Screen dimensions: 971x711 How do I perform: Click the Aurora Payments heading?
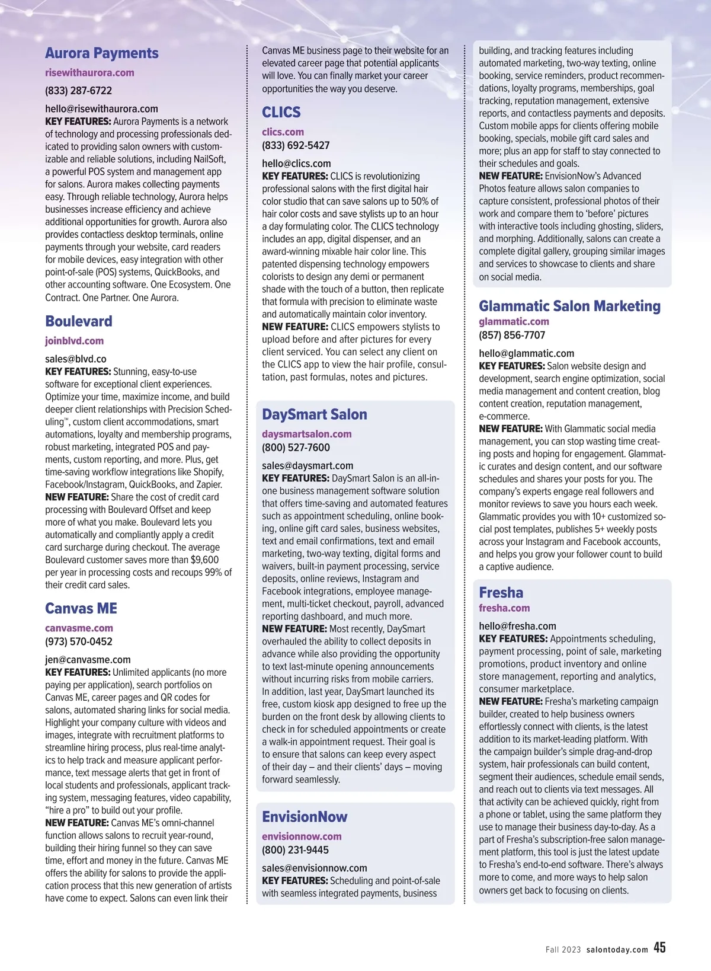tap(102, 53)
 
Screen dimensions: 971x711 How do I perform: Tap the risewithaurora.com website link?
tap(89, 73)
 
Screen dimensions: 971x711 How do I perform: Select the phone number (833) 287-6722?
tap(78, 91)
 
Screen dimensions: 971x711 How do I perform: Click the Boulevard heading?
tap(79, 321)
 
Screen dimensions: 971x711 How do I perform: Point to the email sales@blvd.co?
tap(76, 359)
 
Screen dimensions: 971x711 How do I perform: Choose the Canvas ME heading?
tap(81, 609)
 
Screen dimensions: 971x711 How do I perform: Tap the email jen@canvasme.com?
tap(88, 659)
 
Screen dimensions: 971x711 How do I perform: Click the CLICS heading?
tap(281, 113)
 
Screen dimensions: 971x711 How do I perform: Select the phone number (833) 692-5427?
tap(296, 145)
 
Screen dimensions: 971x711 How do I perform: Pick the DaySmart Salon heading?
tap(315, 414)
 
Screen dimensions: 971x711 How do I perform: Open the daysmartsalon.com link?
tap(307, 434)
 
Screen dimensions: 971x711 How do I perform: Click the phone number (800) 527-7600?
tap(296, 448)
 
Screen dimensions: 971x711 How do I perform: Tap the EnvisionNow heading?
tap(305, 817)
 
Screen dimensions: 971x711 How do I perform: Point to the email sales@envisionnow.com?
tap(315, 868)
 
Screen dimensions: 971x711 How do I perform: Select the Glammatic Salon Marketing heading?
tap(569, 306)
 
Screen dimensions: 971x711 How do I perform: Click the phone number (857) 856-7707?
tap(512, 335)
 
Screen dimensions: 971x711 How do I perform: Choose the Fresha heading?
tap(501, 593)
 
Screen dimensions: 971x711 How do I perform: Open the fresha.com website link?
tap(504, 608)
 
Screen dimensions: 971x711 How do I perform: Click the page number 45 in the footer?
tap(659, 948)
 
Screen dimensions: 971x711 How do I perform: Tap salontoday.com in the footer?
tap(617, 950)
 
